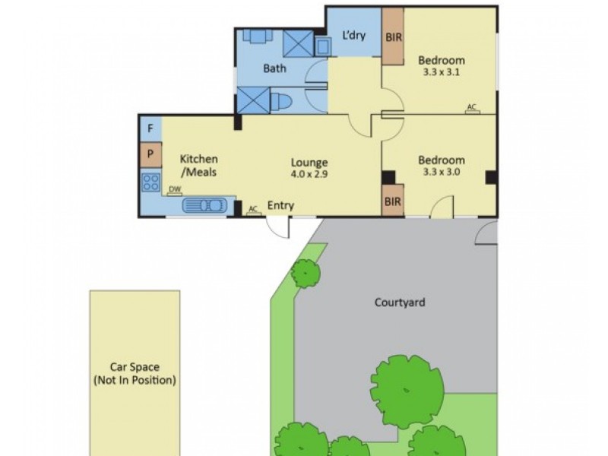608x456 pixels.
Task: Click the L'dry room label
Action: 353,34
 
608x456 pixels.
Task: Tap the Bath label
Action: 274,68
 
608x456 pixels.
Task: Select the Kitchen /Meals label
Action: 199,166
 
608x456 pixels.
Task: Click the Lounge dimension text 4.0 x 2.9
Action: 309,174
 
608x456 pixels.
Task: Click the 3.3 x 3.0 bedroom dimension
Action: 442,172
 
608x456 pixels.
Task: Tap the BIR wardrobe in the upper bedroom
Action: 393,36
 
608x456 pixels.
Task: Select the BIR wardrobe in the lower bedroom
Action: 393,201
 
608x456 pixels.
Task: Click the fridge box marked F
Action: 150,128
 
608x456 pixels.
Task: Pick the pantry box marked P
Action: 150,154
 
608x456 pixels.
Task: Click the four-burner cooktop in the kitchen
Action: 150,182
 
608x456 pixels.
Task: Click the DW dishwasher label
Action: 175,190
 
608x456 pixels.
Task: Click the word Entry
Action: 280,206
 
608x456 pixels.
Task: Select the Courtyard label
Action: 400,302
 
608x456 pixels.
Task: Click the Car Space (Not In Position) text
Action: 134,373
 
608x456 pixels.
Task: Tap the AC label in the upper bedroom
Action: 471,107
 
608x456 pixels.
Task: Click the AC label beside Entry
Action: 253,207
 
